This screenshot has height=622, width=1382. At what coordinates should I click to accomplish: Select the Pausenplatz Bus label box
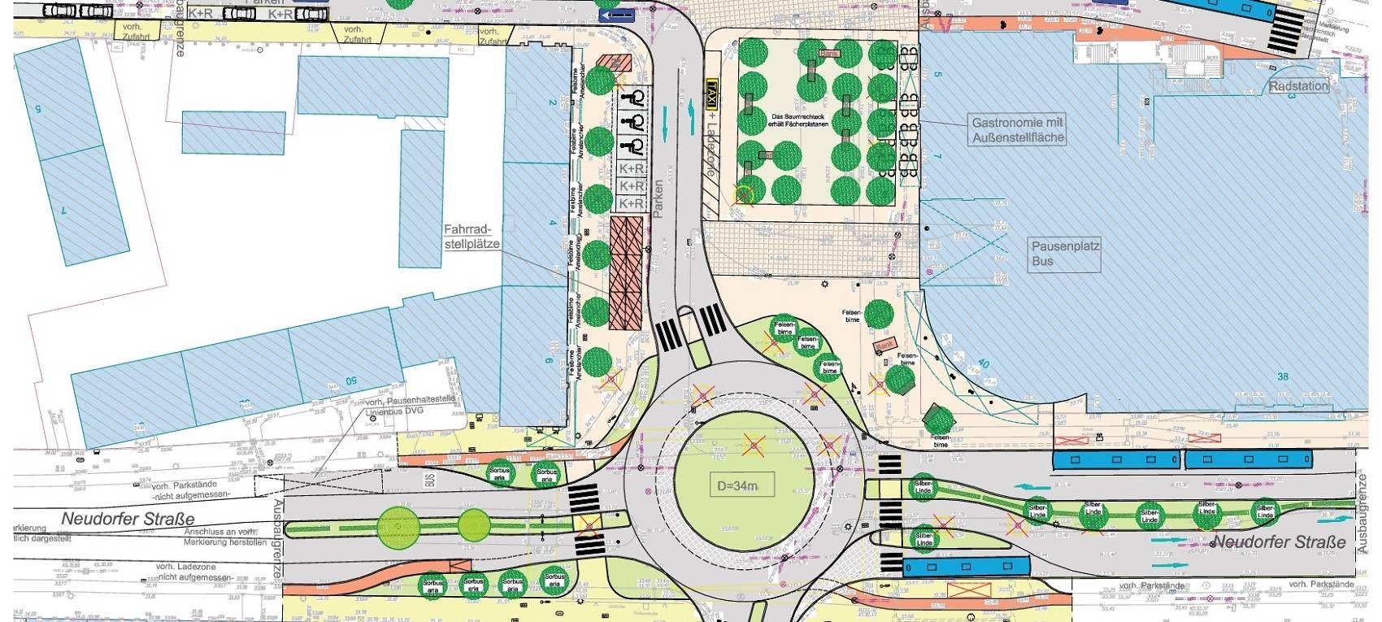coord(1054,253)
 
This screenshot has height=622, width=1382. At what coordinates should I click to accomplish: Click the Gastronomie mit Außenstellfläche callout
coord(1017,130)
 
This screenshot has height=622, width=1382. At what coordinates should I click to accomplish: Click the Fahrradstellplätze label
coord(472,237)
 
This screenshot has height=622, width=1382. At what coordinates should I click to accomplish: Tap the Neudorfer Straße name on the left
coord(129,518)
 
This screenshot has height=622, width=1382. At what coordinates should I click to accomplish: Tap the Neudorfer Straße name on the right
coord(1279,542)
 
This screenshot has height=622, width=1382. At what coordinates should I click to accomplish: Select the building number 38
coord(1283,376)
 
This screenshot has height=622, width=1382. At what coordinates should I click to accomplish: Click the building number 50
coord(351,381)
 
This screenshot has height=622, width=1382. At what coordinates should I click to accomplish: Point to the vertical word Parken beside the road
coord(658,198)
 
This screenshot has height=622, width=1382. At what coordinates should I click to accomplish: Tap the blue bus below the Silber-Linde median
coord(967,566)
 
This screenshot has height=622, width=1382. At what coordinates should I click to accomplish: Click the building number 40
coord(984,365)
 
